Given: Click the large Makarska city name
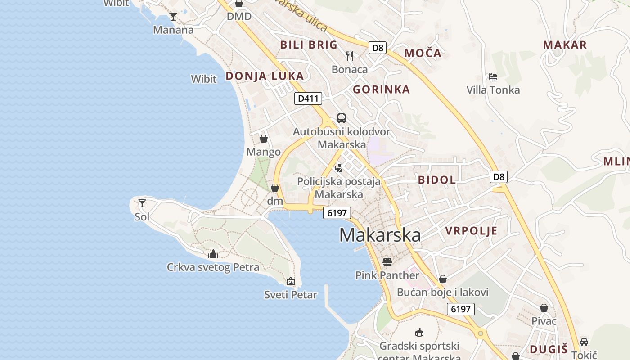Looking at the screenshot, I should (x=380, y=235).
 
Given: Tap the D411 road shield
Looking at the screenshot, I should (x=308, y=98).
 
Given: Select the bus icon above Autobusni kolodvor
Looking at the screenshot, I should (x=342, y=118).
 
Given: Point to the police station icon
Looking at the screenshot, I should (x=338, y=168).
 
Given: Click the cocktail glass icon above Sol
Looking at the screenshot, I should (x=142, y=203).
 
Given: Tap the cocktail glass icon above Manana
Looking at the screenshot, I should (x=173, y=17).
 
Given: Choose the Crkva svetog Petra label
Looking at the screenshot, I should (x=213, y=267).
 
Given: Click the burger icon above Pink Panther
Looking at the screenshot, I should (x=387, y=261).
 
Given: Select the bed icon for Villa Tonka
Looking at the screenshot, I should (x=493, y=76).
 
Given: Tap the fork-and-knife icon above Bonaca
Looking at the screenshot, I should (x=350, y=56).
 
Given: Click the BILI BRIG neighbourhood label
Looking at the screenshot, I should (x=309, y=45).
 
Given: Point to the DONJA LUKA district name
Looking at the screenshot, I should (x=265, y=76).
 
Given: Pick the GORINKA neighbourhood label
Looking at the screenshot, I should (x=381, y=90).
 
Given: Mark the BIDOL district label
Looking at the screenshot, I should (x=436, y=180).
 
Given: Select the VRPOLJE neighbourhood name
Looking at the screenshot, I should (x=471, y=231).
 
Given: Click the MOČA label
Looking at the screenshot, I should (x=423, y=53).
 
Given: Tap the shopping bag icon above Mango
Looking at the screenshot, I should (x=264, y=139).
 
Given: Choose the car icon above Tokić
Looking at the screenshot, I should (x=584, y=342).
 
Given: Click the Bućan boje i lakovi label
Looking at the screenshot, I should (x=442, y=292).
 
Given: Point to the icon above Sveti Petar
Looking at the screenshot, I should (x=291, y=282).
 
